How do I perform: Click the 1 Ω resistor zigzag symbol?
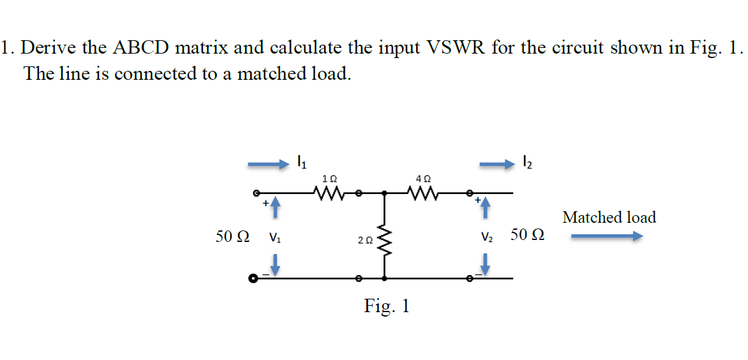pyautogui.click(x=329, y=191)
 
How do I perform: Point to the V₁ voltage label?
pyautogui.click(x=274, y=238)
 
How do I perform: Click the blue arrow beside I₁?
pyautogui.click(x=268, y=165)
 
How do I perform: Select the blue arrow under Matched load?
pyautogui.click(x=606, y=237)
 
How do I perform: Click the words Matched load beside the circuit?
pyautogui.click(x=609, y=218)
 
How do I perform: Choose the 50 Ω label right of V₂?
pyautogui.click(x=528, y=236)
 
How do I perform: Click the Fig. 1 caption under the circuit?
pyautogui.click(x=387, y=306)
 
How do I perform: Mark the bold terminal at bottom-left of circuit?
pyautogui.click(x=253, y=278)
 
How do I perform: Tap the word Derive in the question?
pyautogui.click(x=52, y=48)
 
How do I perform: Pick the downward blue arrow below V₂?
pyautogui.click(x=485, y=265)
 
